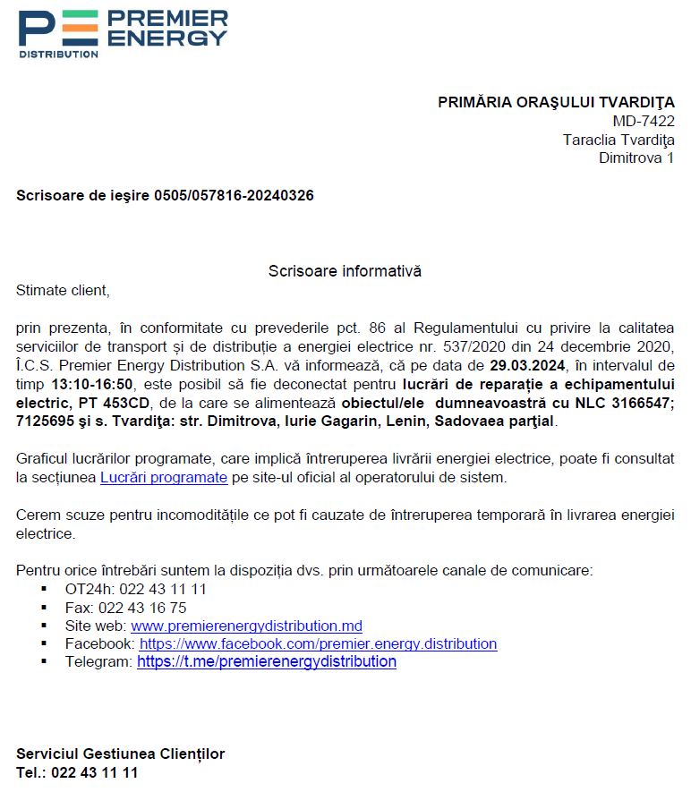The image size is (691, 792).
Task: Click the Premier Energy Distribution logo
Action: pyautogui.click(x=123, y=34)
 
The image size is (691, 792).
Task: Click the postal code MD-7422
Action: pyautogui.click(x=644, y=121)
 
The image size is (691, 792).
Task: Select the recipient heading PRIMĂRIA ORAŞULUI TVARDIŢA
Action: pyautogui.click(x=556, y=102)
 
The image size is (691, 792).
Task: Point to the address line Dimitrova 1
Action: pyautogui.click(x=636, y=158)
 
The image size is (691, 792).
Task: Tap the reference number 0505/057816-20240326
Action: pyautogui.click(x=234, y=195)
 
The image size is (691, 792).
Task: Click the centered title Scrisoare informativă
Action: pyautogui.click(x=345, y=271)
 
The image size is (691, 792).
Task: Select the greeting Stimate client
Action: pyautogui.click(x=63, y=290)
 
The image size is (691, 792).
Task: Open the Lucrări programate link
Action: pyautogui.click(x=164, y=477)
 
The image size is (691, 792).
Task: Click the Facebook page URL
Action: pyautogui.click(x=318, y=643)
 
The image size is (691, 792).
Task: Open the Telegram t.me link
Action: pyautogui.click(x=266, y=662)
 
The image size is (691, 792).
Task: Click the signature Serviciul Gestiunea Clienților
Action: pyautogui.click(x=120, y=754)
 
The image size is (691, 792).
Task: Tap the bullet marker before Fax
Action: pyautogui.click(x=44, y=608)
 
